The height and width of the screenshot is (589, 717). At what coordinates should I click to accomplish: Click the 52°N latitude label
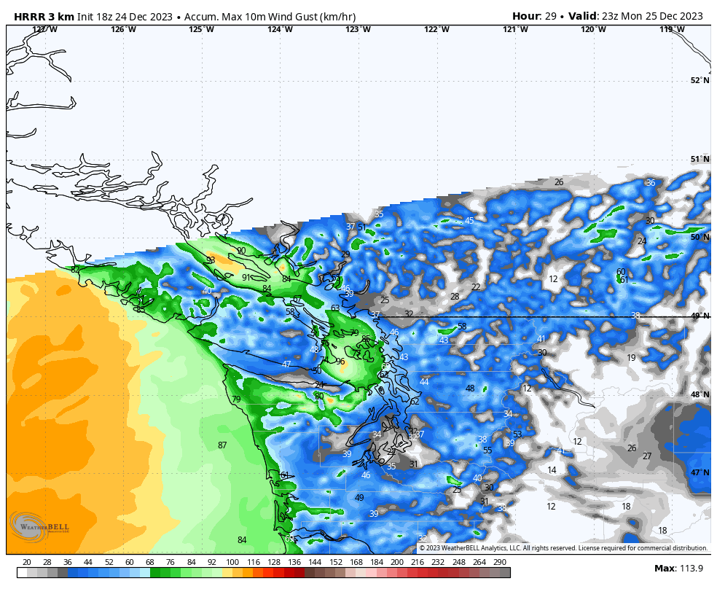pos(700,81)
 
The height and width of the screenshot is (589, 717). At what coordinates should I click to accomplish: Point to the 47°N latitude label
pos(700,473)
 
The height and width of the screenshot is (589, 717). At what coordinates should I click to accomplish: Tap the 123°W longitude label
pos(358,30)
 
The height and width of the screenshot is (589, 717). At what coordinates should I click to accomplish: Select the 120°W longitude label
pos(593,30)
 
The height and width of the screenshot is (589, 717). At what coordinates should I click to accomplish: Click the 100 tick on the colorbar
pos(232,562)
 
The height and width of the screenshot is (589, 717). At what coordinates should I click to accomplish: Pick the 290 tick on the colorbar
pos(500,562)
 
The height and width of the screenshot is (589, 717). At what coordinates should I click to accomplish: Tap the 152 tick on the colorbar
pos(335,562)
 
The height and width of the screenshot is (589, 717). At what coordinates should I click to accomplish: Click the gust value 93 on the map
pos(211,260)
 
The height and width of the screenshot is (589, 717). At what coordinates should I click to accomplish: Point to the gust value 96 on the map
pos(340,362)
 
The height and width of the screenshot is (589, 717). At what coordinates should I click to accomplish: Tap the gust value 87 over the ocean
pos(222,445)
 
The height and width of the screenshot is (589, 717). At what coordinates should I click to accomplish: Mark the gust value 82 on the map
pos(75,270)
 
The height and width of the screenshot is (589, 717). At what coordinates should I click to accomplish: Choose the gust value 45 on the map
pos(469,221)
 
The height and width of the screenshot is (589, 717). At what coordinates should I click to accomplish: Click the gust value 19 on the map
pos(631,358)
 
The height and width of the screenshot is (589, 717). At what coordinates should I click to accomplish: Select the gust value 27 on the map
pos(647,456)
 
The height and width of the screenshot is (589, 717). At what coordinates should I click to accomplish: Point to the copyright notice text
pos(563,548)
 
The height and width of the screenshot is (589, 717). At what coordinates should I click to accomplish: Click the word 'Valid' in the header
pos(582,16)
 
